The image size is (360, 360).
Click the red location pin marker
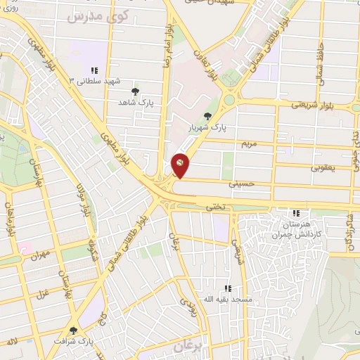pos(180,165)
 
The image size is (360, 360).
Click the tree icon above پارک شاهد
pos(135,91)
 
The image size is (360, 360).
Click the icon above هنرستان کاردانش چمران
pos(296,212)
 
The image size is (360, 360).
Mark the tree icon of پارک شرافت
pos(73,330)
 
